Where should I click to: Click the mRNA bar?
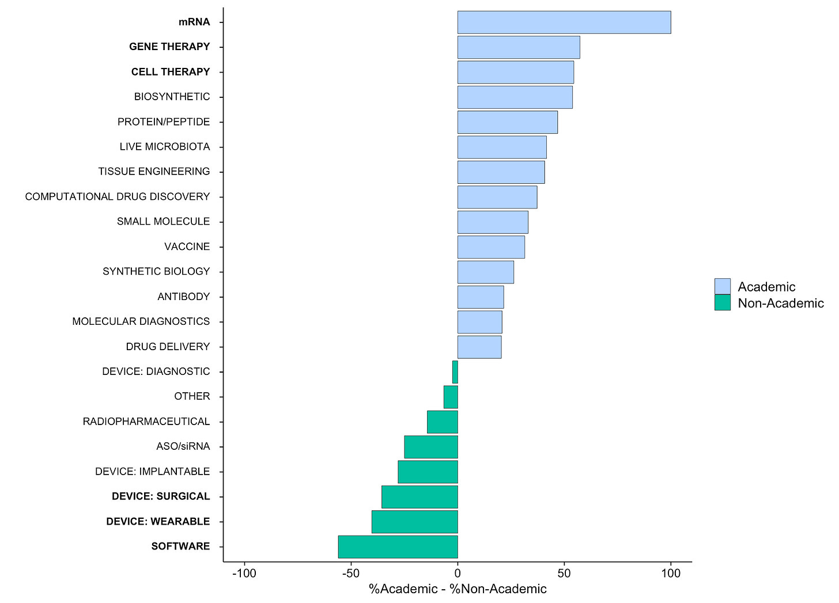tap(564, 22)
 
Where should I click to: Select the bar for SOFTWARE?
tap(398, 547)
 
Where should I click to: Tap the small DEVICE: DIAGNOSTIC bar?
tap(455, 371)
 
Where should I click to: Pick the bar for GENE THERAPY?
tap(519, 47)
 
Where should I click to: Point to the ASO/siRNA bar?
tap(431, 446)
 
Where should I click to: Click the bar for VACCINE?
tap(491, 246)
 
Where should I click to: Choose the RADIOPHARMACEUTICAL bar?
tap(443, 422)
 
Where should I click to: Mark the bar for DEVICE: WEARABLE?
tap(414, 521)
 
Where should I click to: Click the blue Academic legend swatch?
tap(722, 286)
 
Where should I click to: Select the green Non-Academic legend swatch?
tap(722, 302)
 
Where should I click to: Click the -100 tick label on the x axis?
tap(244, 574)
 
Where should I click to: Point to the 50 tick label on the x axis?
tap(564, 574)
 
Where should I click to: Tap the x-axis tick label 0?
tap(458, 574)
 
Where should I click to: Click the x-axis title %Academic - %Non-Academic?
tap(458, 589)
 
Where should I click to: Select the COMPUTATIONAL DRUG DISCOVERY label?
tap(118, 196)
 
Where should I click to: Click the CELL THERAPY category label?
tap(171, 72)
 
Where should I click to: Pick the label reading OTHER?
tap(192, 396)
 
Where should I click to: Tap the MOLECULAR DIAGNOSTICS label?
tap(141, 321)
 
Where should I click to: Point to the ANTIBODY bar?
tap(481, 297)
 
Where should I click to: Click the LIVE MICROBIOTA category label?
tap(165, 147)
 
